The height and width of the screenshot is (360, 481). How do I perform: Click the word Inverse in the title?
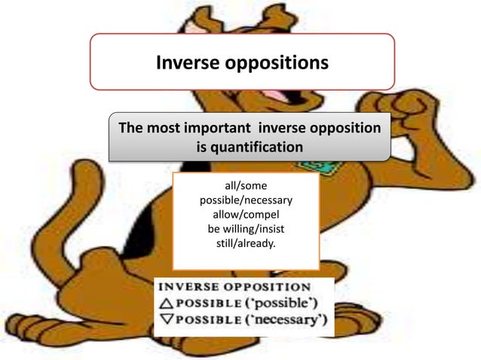pyautogui.click(x=185, y=63)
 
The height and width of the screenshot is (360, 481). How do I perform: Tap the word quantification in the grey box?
pyautogui.click(x=250, y=147)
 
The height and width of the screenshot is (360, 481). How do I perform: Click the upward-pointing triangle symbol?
pyautogui.click(x=164, y=304)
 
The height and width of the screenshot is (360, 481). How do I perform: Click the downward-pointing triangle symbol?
pyautogui.click(x=164, y=322)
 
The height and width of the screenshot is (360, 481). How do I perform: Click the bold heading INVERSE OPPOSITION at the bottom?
pyautogui.click(x=233, y=287)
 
